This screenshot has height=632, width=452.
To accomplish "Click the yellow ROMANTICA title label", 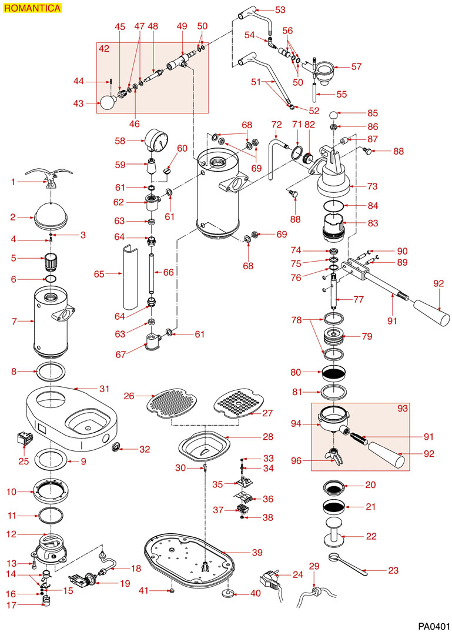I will tap(31, 8).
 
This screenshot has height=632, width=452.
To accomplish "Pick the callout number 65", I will tap(99, 273).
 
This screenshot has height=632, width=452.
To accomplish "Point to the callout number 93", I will tap(403, 407).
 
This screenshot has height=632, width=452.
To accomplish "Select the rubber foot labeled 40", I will tap(227, 593).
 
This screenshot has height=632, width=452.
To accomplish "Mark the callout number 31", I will tap(105, 389).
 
